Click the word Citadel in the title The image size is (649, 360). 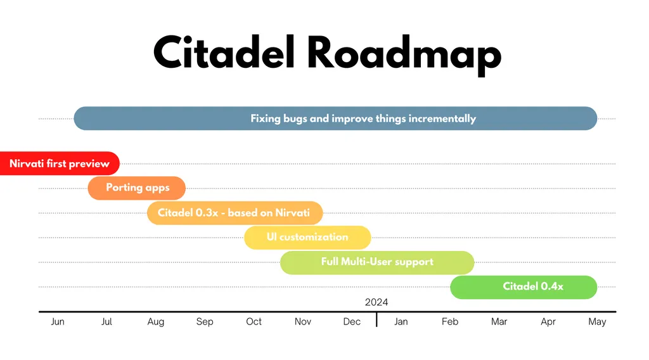coord(224,52)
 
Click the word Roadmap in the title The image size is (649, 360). coord(404,55)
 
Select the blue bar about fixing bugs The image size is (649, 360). coord(335,119)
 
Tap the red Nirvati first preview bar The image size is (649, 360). coord(60,164)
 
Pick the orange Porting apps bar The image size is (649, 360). coord(137,188)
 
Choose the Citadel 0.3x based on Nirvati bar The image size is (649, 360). coord(235,213)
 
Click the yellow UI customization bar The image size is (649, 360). coord(307,237)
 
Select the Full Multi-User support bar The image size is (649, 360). coord(377,262)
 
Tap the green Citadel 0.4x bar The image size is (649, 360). coord(524,286)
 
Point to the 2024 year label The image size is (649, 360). coord(376,302)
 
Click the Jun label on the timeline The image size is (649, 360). coord(58,321)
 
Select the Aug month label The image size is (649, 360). coord(156,321)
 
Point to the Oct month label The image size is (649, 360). coord(254,321)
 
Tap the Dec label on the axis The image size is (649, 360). coord(352,321)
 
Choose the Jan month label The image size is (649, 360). coord(401,321)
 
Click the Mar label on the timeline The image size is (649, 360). coord(499,321)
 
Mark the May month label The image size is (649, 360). coord(597,321)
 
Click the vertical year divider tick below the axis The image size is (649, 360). coord(376,319)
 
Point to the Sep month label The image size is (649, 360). coord(205,321)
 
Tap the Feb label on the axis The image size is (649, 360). coord(450,321)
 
